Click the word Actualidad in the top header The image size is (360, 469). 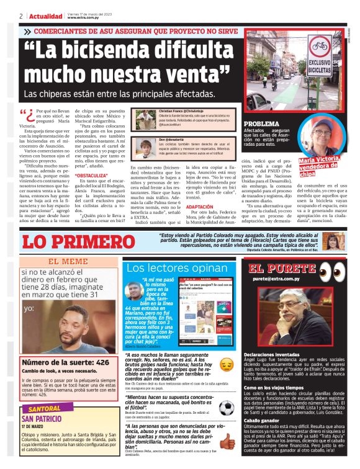coord(47,16)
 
